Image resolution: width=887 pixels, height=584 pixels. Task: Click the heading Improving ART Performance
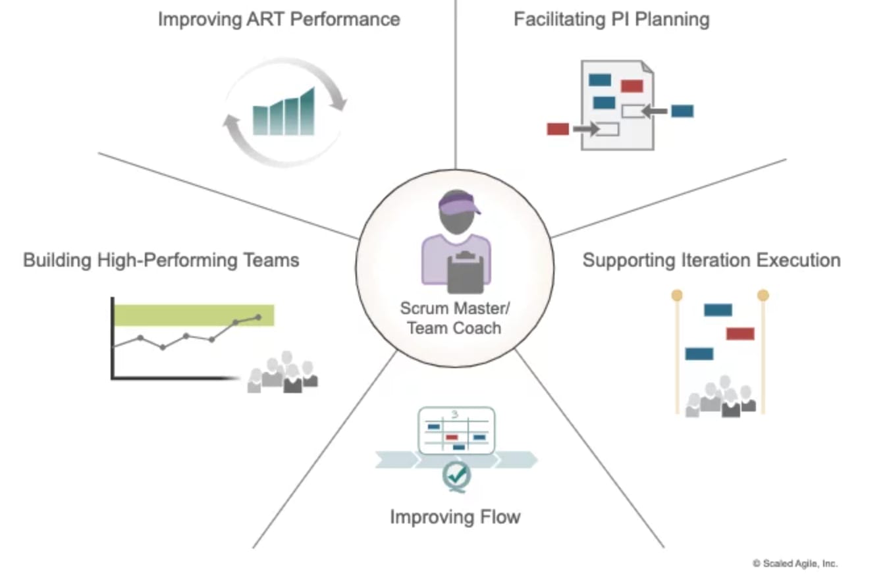pos(279,19)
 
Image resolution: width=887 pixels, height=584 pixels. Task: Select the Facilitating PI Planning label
pos(611,19)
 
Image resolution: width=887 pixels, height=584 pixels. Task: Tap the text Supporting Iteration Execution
pos(711,260)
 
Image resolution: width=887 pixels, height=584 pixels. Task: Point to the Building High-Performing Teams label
pos(161,260)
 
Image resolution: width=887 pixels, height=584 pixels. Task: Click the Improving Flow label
pos(455,516)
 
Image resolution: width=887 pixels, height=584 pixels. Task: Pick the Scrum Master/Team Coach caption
pos(454,317)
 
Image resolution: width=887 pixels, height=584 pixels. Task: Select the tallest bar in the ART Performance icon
pos(307,112)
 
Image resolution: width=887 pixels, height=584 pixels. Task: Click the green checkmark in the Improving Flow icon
pos(456,473)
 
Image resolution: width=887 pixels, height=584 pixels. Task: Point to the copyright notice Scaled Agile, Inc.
pos(795,564)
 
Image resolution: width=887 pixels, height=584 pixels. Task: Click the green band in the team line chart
pos(194,315)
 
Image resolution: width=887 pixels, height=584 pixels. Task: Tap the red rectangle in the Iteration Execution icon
pos(740,334)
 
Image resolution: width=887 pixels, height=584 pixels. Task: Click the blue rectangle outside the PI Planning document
pos(682,111)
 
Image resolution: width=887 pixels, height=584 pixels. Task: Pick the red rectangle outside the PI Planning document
pos(558,129)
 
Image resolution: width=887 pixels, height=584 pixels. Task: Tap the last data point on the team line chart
pos(257,317)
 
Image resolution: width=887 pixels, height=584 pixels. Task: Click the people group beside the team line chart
pos(283,375)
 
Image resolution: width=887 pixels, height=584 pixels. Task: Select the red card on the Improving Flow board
pos(452,437)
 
